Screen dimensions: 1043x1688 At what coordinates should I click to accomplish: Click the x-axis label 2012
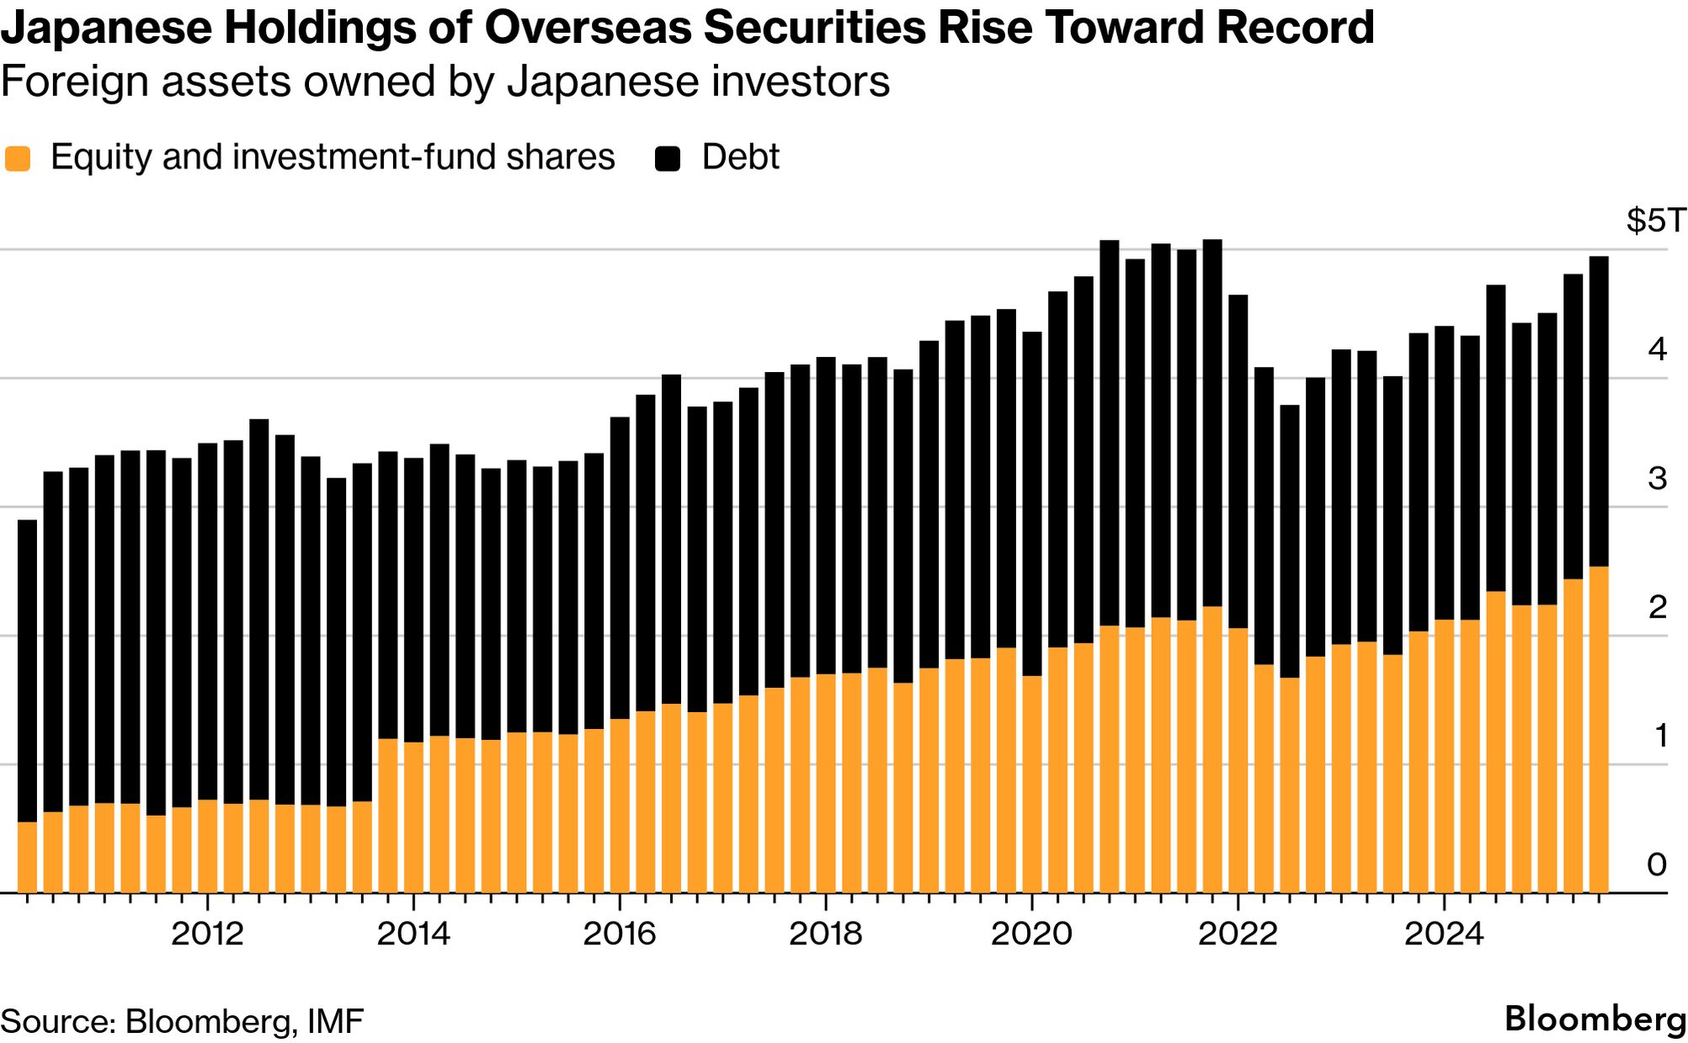[x=207, y=934]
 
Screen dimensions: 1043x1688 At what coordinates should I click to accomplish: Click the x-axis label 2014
[x=413, y=934]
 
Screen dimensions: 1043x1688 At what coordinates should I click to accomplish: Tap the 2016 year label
[x=620, y=934]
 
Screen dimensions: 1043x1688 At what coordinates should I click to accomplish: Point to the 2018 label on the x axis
[x=826, y=934]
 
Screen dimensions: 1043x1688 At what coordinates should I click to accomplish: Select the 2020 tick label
[x=1031, y=934]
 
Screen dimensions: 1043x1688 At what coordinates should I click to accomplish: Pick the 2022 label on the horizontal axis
[x=1238, y=934]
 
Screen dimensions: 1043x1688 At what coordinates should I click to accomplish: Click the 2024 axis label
[x=1444, y=934]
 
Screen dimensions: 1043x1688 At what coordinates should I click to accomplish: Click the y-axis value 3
[x=1657, y=478]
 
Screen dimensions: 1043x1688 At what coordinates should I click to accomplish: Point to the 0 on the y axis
[x=1657, y=865]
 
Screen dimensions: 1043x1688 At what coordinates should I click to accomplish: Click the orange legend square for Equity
[x=18, y=158]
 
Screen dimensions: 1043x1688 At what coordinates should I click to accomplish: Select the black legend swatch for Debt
[x=668, y=158]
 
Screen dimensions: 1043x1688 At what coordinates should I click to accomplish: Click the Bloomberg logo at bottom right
[x=1595, y=1019]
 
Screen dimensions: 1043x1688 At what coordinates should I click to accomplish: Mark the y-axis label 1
[x=1660, y=736]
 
